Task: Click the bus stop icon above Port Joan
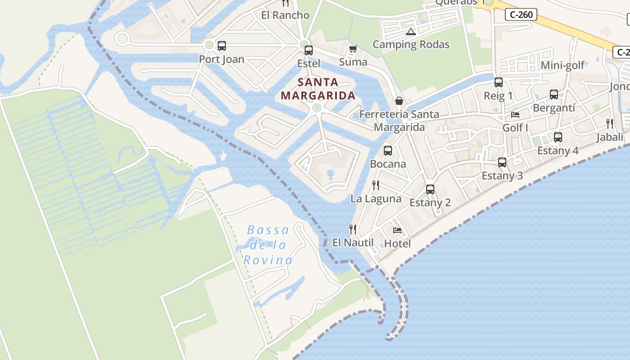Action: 221,45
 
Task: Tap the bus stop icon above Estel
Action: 308,50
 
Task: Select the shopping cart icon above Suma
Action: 353,49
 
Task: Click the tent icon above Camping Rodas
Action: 410,31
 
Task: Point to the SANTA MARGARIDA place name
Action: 318,89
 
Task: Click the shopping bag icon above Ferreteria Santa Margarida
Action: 399,101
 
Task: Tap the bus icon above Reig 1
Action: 498,82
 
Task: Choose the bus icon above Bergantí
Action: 553,94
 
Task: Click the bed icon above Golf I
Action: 515,115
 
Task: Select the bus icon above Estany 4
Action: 558,137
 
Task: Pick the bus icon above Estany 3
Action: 502,162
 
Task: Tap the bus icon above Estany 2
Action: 430,189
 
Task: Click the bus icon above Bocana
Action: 387,151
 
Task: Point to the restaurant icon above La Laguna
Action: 376,185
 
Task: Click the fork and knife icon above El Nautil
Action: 353,229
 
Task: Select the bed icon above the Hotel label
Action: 397,230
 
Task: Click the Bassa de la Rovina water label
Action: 268,245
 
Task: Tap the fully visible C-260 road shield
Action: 522,14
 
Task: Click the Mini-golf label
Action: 562,65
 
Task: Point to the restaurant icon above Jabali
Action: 610,124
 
